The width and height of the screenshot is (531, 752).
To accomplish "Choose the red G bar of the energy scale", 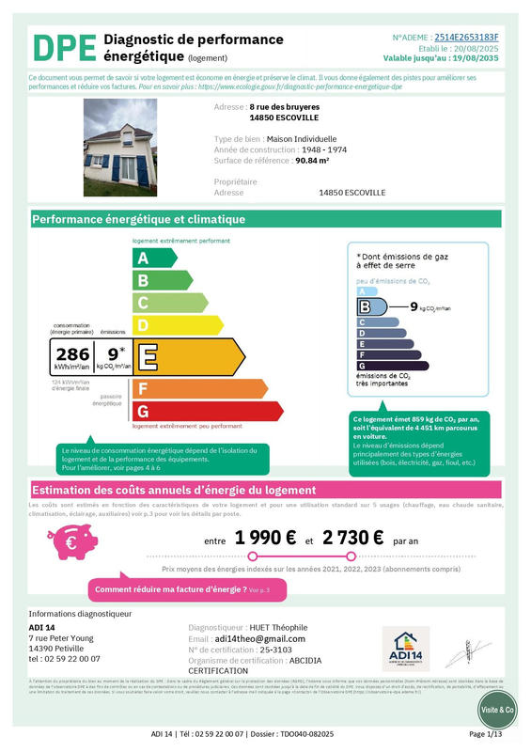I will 208,411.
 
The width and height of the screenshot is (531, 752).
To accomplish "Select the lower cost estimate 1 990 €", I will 266,539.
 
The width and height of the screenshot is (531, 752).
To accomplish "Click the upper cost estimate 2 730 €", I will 352,539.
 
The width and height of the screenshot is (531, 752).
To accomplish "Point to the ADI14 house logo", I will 405,648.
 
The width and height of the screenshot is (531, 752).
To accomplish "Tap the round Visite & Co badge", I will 497,710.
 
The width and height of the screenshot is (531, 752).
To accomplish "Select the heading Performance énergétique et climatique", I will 139,220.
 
